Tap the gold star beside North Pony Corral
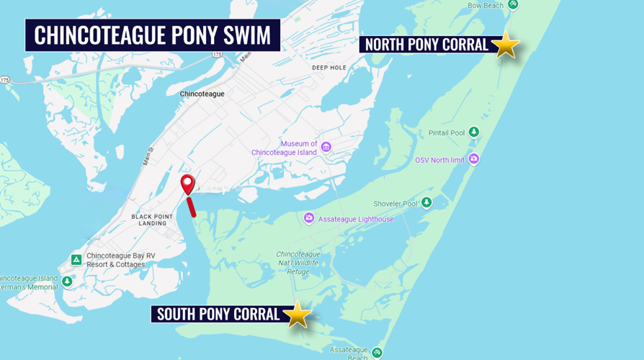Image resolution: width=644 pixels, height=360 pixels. [x=506, y=45]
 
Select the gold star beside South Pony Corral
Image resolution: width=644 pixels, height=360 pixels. [x=297, y=314]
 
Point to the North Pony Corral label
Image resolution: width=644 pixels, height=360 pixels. [x=426, y=45]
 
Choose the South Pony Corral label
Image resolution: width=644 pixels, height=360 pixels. [x=218, y=314]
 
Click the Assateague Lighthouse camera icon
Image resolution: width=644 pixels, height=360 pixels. [x=309, y=218]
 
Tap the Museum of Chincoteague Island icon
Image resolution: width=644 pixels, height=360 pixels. [x=326, y=148]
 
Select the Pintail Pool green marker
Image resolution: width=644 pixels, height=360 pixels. [x=474, y=132]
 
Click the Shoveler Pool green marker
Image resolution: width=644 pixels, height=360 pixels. [x=426, y=203]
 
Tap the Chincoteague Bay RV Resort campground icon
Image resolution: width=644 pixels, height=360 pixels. [x=76, y=259]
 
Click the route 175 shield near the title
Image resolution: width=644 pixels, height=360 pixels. [x=217, y=55]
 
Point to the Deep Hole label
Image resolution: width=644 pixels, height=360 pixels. [x=328, y=68]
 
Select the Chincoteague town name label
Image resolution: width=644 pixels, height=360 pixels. [x=202, y=94]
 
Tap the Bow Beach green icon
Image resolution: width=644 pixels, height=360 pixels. [x=513, y=4]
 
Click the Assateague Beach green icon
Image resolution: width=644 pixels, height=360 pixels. [x=377, y=353]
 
